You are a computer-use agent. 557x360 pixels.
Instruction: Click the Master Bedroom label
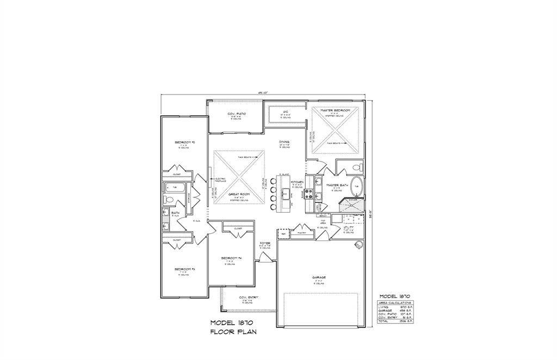pyautogui.click(x=335, y=110)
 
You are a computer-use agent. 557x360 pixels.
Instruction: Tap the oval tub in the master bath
pyautogui.click(x=356, y=186)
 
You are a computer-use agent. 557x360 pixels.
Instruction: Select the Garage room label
pyautogui.click(x=319, y=277)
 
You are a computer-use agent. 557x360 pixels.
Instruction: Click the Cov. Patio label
pyautogui.click(x=237, y=114)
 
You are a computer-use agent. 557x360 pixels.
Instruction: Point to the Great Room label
pyautogui.click(x=239, y=194)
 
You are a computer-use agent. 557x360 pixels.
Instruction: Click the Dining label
pyautogui.click(x=284, y=142)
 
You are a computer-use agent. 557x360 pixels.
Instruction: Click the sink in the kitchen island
pyautogui.click(x=284, y=191)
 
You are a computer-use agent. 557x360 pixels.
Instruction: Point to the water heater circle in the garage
pyautogui.click(x=358, y=245)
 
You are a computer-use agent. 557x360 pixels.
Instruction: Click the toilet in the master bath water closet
pyautogui.click(x=356, y=167)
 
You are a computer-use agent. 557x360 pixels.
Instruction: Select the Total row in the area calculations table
pyautogui.click(x=395, y=321)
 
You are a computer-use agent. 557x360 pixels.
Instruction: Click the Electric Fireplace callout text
pyautogui.click(x=220, y=181)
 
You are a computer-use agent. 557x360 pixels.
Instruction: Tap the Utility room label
pyautogui.click(x=356, y=227)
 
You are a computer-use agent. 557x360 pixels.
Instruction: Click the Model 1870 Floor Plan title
pyautogui.click(x=233, y=326)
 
